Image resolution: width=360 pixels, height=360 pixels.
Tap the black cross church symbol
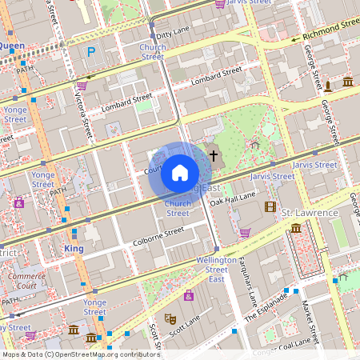[213, 154]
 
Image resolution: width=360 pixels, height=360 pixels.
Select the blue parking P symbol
[90, 52]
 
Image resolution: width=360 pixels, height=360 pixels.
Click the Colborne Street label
[158, 234]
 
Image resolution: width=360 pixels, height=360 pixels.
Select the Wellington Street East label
[217, 270]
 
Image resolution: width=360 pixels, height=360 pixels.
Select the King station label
[73, 249]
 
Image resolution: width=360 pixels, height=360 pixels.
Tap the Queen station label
[12, 46]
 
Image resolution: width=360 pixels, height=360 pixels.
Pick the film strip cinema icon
[270, 206]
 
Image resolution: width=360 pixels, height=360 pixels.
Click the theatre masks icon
[169, 318]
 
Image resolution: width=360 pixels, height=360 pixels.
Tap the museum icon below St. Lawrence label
[297, 229]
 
